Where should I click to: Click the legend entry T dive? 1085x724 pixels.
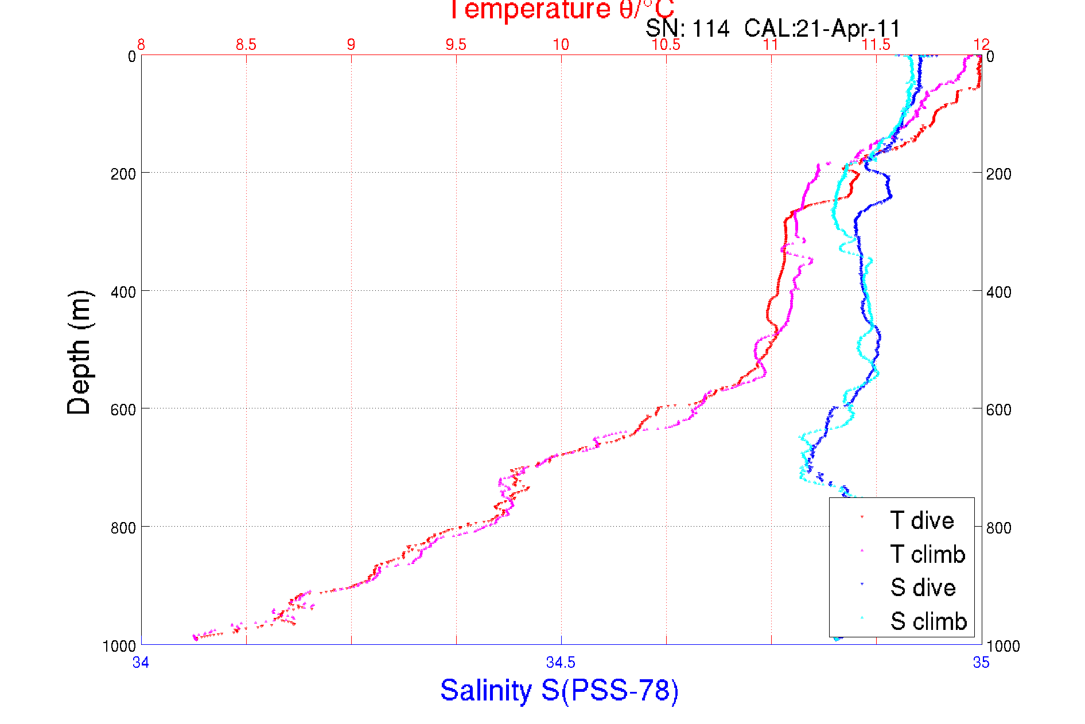921,520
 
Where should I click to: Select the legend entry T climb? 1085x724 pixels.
927,554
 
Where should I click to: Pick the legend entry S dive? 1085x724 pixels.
923,587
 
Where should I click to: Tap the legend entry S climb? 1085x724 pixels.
928,621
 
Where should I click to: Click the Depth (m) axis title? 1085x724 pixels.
79,352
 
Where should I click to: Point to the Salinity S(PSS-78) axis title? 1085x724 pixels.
559,690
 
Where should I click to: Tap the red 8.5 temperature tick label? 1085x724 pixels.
246,45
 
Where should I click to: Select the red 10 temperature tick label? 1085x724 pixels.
561,45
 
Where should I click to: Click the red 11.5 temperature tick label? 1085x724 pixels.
876,45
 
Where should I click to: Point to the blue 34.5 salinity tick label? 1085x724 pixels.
561,663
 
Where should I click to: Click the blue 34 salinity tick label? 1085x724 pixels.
141,663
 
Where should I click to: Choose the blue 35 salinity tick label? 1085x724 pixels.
981,663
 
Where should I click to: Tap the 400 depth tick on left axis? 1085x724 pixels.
123,291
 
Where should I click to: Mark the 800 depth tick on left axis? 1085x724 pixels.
123,527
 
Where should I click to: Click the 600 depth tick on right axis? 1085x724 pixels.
999,410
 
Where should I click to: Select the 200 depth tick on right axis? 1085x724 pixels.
999,174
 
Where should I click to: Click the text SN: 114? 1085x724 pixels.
687,29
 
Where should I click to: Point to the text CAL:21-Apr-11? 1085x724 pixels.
822,29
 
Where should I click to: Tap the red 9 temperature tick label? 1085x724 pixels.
351,45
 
